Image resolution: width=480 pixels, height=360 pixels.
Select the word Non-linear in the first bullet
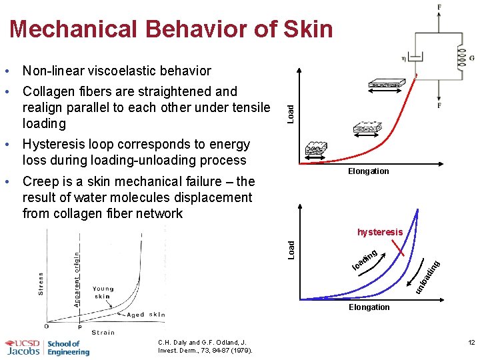coord(51,71)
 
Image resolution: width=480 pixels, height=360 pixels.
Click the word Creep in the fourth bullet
coord(39,181)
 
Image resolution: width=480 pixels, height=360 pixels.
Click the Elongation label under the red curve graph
coord(369,171)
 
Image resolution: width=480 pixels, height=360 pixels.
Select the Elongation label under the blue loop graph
coord(369,307)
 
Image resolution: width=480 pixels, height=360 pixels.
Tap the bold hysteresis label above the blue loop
coord(380,232)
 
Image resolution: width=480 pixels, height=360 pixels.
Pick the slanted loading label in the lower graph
coord(365,261)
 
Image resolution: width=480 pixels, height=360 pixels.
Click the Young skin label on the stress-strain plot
coord(103,293)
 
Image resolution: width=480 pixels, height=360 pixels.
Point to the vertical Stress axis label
coord(41,284)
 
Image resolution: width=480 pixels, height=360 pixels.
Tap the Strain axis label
coord(103,332)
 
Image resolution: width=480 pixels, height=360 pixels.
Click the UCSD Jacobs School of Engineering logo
coord(47,347)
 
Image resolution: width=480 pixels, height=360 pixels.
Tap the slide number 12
coord(471,343)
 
